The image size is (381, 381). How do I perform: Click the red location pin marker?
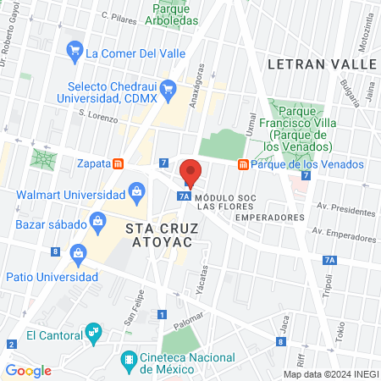[x=190, y=173]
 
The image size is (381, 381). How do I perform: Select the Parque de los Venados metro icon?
[x=243, y=164]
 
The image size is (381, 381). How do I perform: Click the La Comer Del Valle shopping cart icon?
[x=75, y=52]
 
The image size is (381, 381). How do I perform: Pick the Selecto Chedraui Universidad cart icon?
[x=168, y=88]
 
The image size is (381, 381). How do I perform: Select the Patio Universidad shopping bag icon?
[x=79, y=252]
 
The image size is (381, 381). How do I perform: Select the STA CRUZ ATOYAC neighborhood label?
[x=158, y=235]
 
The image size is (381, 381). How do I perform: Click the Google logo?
[x=29, y=370]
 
